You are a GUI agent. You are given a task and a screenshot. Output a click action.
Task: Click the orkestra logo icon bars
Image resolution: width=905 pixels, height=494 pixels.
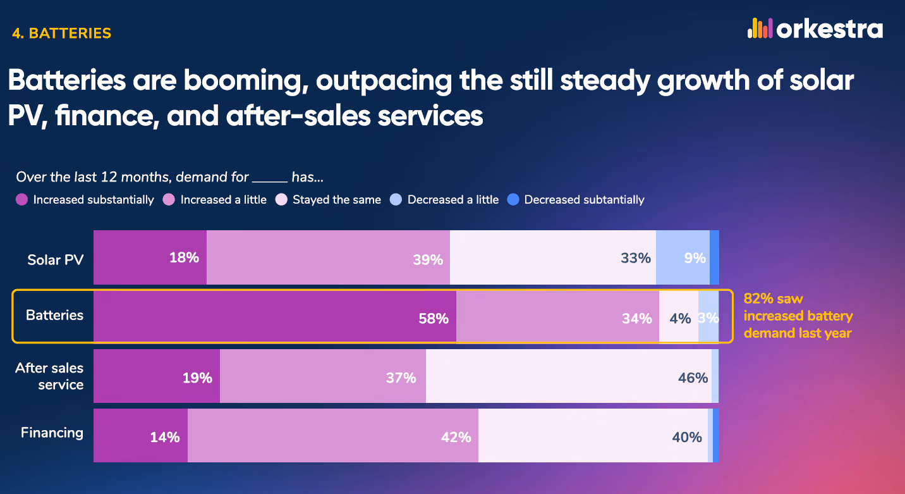tap(760, 28)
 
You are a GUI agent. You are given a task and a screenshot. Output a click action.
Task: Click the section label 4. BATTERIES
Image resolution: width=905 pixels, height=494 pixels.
tap(61, 33)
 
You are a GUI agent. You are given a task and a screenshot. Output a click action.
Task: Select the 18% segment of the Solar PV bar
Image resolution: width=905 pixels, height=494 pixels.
tap(150, 257)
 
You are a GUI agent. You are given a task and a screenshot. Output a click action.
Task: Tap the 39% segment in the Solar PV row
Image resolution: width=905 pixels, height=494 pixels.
tap(328, 257)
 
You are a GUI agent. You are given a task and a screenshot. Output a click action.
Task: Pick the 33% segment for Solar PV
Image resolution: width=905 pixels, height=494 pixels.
tap(553, 257)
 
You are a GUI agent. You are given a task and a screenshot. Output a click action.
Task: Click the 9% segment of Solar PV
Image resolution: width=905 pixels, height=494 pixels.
tap(683, 257)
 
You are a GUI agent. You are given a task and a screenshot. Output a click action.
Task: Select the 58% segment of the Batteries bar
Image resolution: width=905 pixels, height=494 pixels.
tap(275, 316)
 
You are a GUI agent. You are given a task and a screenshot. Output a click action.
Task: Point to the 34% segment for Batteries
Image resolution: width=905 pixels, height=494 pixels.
tap(558, 316)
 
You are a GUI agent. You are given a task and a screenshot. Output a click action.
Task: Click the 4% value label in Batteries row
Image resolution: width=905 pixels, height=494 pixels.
tap(680, 319)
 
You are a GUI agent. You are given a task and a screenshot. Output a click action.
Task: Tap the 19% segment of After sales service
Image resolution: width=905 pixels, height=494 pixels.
tap(157, 376)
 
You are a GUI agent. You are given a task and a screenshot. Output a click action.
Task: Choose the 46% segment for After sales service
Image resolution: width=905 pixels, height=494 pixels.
tap(569, 376)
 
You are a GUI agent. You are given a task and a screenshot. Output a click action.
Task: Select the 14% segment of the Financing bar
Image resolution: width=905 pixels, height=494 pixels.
tap(140, 435)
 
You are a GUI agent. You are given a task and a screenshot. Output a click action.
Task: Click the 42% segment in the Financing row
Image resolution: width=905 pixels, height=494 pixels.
tap(333, 435)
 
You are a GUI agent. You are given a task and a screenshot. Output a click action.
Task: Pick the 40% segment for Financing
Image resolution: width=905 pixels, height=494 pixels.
tap(593, 435)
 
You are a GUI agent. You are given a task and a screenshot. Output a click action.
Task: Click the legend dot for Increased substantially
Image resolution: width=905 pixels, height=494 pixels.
tap(22, 200)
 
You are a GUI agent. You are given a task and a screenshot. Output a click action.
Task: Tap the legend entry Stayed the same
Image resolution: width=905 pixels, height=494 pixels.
tap(328, 200)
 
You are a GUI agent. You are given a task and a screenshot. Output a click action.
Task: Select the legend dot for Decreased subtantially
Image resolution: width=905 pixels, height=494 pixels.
tap(513, 200)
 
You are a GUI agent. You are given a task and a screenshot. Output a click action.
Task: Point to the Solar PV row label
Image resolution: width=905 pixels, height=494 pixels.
tap(56, 259)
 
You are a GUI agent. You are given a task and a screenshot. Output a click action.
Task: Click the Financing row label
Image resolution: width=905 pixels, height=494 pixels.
tap(52, 433)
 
